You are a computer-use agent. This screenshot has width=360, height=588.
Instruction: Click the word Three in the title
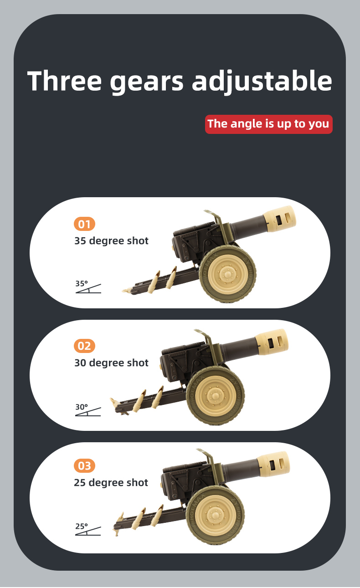64,81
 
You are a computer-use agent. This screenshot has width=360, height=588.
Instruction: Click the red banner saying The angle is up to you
268,124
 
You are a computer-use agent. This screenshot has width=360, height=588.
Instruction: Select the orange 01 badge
84,224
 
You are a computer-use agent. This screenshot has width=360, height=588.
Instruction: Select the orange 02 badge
84,346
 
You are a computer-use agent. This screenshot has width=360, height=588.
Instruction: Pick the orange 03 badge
84,465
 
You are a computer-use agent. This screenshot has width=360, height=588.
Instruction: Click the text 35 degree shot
111,241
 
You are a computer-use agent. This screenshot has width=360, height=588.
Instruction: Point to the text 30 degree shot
111,363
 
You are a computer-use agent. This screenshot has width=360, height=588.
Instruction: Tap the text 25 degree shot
111,483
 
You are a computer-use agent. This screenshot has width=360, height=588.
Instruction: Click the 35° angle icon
88,287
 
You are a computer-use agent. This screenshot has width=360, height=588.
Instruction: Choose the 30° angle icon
88,410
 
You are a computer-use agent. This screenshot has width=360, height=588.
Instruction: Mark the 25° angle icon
88,529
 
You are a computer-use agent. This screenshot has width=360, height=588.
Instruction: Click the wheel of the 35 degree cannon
227,274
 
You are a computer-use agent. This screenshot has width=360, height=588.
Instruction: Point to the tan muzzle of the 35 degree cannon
279,219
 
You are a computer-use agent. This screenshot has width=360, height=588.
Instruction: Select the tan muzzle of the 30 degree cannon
272,342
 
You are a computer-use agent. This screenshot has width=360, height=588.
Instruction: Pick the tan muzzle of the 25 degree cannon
273,465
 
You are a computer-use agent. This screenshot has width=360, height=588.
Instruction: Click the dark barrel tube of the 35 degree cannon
247,226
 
